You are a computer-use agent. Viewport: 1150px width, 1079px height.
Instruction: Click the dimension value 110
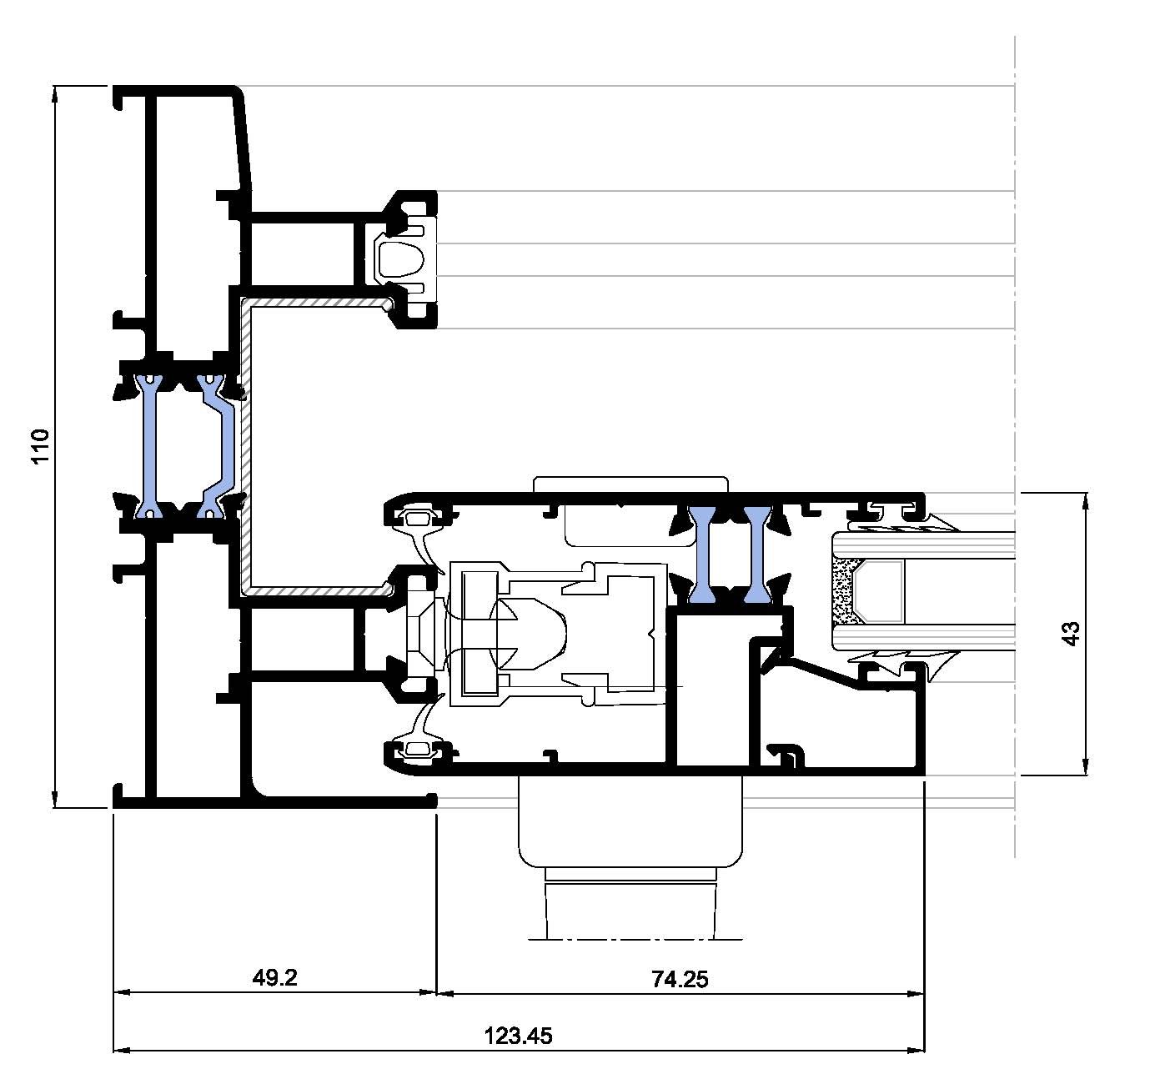pyautogui.click(x=41, y=446)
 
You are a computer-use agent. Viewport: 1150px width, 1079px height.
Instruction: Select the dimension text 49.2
pyautogui.click(x=274, y=978)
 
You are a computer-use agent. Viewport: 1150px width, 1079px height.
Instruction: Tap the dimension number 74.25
pyautogui.click(x=680, y=980)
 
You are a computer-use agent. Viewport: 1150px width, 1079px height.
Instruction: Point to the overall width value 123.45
pyautogui.click(x=518, y=1036)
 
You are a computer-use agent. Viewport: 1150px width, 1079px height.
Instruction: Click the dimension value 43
pyautogui.click(x=1072, y=633)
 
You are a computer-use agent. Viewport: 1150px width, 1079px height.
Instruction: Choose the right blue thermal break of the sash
pyautogui.click(x=757, y=555)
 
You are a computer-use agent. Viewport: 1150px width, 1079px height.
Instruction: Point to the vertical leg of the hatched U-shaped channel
pyautogui.click(x=245, y=446)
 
